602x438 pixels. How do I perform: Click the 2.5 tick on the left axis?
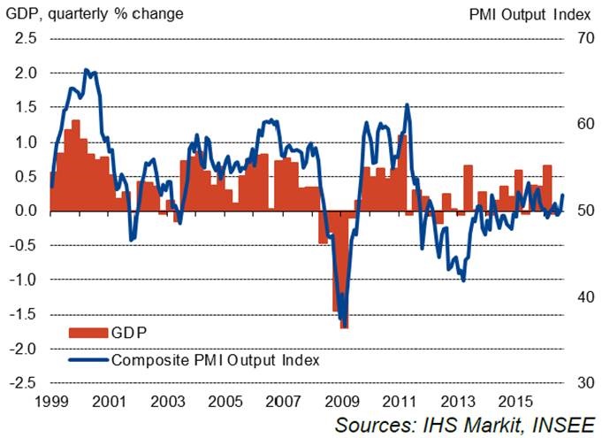25,39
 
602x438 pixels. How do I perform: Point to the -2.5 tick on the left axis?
23,383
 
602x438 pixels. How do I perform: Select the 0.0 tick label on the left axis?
25,211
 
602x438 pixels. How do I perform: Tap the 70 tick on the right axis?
583,39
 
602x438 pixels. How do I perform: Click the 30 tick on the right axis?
583,383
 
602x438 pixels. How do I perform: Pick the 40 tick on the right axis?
583,297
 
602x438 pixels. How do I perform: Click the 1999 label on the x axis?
50,400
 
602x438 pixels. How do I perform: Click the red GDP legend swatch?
88,333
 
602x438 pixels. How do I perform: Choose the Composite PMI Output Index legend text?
215,360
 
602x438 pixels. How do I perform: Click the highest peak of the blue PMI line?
86,69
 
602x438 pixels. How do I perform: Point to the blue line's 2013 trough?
463,280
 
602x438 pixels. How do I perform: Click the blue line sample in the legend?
88,360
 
